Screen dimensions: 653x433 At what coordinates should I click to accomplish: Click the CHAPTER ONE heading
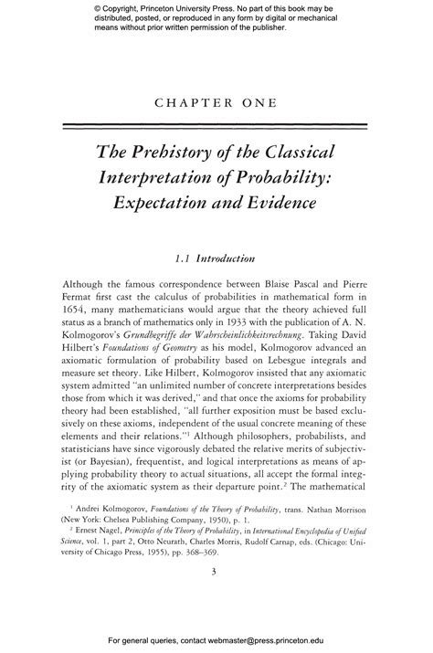coord(216,103)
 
